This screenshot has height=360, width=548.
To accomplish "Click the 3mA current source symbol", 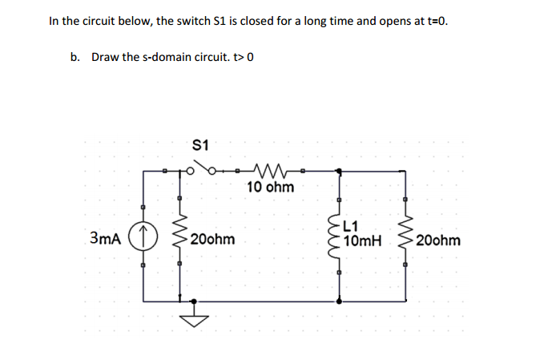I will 144,238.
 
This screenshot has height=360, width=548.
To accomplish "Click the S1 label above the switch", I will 201,145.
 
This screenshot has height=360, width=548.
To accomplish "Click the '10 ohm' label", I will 270,188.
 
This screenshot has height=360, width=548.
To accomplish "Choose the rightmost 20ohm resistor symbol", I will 405,238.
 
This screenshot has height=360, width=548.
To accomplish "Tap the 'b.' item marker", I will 75,57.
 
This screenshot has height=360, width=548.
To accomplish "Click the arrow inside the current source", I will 144,237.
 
